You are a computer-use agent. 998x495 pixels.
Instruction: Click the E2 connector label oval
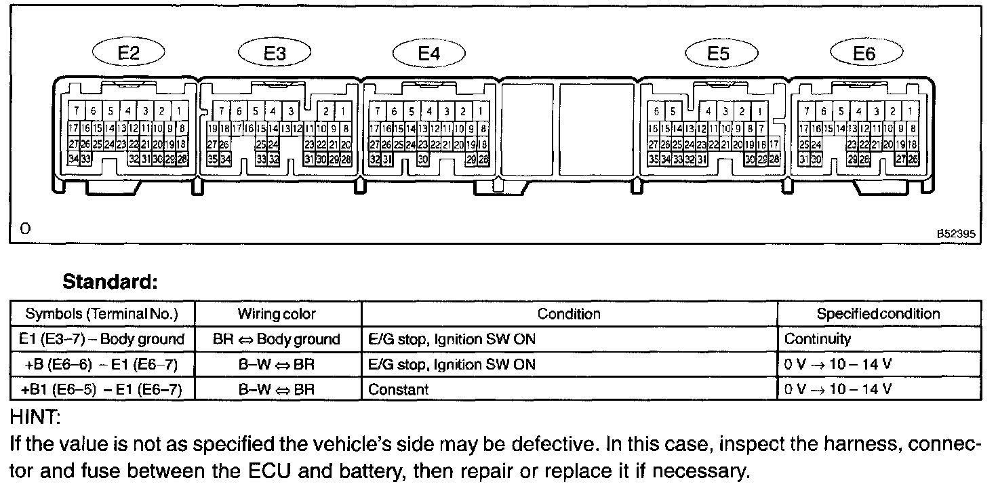click(129, 54)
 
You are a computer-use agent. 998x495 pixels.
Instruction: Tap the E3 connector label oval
click(275, 54)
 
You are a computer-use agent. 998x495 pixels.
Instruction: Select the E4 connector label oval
click(429, 54)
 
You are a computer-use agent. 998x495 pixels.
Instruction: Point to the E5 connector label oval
click(718, 54)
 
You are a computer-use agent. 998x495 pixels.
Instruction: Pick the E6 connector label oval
click(864, 54)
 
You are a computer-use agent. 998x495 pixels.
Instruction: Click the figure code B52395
click(956, 233)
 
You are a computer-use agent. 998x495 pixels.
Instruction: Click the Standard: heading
click(110, 281)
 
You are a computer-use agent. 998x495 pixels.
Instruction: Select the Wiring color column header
click(277, 314)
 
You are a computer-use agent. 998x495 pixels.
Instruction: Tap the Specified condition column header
click(878, 314)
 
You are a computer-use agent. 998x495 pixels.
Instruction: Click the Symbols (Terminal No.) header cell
click(102, 314)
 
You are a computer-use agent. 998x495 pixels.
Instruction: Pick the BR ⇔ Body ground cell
click(277, 339)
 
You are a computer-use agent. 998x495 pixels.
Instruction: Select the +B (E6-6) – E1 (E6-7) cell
click(102, 365)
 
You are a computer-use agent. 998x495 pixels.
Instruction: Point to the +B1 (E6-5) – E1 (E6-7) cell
click(102, 390)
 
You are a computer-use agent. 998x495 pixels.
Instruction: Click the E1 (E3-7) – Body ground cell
click(102, 339)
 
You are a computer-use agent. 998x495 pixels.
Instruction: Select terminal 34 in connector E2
click(74, 159)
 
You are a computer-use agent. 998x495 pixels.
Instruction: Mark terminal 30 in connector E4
click(423, 159)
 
